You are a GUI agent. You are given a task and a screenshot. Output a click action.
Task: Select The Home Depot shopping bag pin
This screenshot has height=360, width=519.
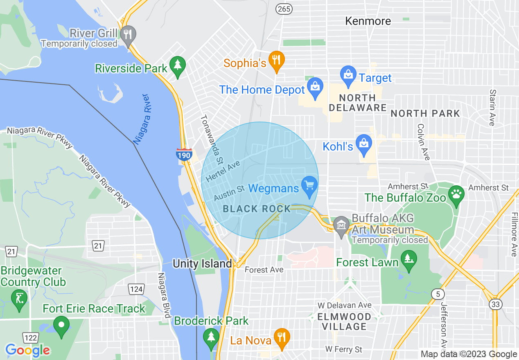pos(315,88)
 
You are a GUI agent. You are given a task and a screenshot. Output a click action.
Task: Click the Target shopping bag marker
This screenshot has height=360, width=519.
pos(348,76)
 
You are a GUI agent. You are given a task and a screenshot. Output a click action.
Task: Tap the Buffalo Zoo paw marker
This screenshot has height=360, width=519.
pos(456,193)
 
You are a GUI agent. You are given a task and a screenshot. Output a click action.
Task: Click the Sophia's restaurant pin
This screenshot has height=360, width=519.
pos(277,61)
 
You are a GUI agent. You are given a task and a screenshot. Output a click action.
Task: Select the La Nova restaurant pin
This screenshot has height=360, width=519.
pos(282,338)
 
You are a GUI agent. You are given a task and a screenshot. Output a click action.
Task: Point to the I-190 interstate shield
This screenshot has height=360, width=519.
pos(184,154)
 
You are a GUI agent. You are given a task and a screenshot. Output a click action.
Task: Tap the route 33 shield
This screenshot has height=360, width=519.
pos(496,304)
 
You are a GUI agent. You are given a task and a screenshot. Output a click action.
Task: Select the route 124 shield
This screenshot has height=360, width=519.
pos(136,289)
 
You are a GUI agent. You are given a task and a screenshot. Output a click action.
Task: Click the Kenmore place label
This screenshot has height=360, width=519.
pos(368,21)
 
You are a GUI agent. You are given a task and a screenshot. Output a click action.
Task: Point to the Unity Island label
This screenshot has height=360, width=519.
pos(202,263)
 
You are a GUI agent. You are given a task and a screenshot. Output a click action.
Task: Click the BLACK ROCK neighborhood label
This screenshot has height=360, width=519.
pos(257,209)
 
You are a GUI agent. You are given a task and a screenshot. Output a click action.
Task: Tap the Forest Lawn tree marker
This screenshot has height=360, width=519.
pos(408,259)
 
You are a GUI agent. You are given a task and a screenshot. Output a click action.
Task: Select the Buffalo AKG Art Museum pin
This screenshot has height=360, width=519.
pos(341,226)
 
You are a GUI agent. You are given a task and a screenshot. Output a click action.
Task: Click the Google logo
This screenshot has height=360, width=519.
pos(27,350)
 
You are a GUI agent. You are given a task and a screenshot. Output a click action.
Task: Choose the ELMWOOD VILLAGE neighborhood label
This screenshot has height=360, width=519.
pos(344,322)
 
